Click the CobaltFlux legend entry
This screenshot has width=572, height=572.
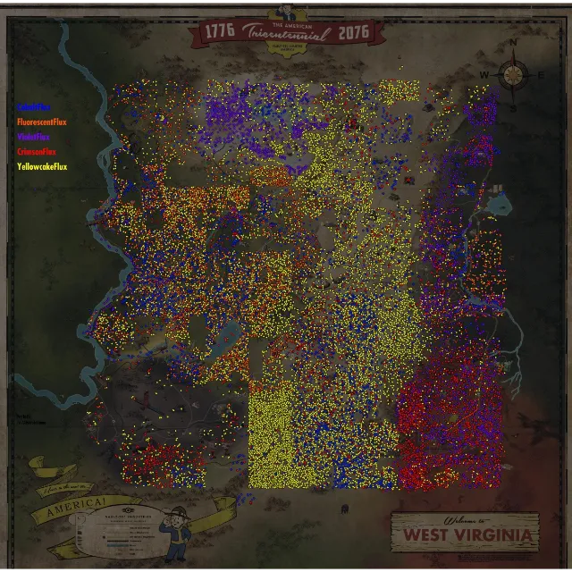33,107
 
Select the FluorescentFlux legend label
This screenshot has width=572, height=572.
41,122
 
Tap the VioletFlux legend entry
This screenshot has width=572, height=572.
33,137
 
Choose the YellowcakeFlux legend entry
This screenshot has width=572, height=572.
42,166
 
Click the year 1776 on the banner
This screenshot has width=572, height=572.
219,32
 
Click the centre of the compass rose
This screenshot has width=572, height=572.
513,74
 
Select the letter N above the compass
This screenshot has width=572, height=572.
513,43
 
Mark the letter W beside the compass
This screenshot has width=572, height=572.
484,74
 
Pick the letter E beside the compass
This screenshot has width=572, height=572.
542,75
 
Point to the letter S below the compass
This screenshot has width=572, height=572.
513,107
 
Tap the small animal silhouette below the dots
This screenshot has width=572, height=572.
344,509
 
